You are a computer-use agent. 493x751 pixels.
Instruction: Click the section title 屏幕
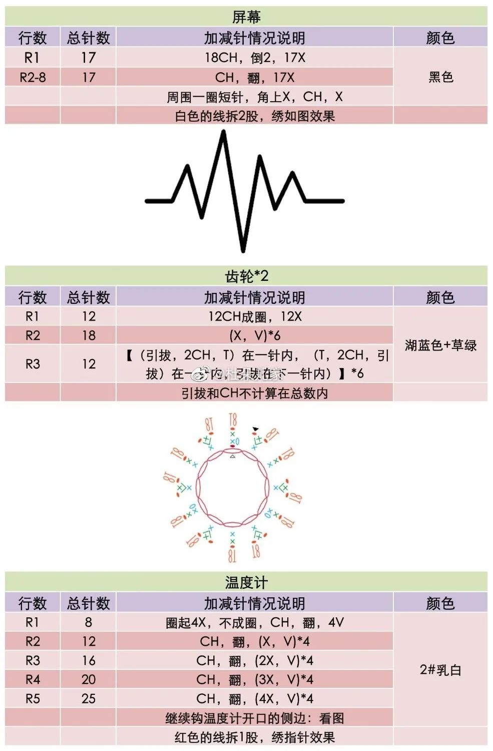click(x=246, y=17)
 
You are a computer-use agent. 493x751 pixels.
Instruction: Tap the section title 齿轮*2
click(x=246, y=276)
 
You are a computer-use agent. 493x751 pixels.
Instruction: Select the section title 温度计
click(x=246, y=582)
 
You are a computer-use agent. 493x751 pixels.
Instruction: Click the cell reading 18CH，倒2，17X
click(x=254, y=58)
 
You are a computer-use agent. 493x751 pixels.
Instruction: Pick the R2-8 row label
click(x=33, y=77)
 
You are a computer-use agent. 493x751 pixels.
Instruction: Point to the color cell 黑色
click(x=440, y=77)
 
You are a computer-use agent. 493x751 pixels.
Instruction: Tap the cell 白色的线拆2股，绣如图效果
click(x=254, y=116)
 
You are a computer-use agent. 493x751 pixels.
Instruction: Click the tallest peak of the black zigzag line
click(x=223, y=132)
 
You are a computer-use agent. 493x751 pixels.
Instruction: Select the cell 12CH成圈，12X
click(x=254, y=316)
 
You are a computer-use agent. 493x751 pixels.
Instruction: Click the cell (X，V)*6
click(x=254, y=335)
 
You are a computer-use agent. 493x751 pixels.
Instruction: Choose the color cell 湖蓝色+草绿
click(x=440, y=345)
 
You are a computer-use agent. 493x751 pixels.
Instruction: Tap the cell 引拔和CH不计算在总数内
click(x=254, y=393)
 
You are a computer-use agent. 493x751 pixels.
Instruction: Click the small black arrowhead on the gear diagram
click(x=256, y=429)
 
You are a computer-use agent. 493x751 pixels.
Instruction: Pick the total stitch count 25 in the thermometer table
click(x=89, y=698)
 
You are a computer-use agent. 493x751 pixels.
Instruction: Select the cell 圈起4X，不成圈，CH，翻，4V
click(x=254, y=622)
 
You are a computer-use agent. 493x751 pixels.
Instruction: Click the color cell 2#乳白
click(x=440, y=670)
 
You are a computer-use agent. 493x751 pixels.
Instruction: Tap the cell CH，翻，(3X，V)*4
click(x=254, y=679)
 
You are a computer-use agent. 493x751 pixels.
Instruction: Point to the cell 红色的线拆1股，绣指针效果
click(x=254, y=737)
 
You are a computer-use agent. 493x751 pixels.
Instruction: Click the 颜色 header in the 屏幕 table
click(x=440, y=38)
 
